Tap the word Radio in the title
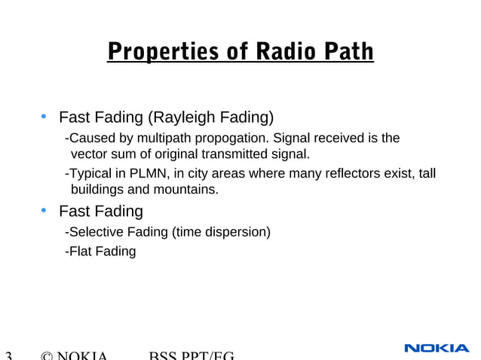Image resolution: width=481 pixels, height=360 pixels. [x=283, y=52]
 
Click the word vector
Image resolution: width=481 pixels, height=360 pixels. [x=87, y=154]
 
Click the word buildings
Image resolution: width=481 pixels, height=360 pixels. [x=98, y=190]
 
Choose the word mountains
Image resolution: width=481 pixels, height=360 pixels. [x=190, y=190]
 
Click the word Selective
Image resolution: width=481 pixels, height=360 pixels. [x=97, y=232]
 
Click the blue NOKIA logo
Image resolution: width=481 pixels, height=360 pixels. [x=437, y=348]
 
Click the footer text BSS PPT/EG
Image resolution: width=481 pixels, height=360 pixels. [x=192, y=355]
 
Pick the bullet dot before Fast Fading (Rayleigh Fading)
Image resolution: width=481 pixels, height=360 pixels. [x=44, y=117]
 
